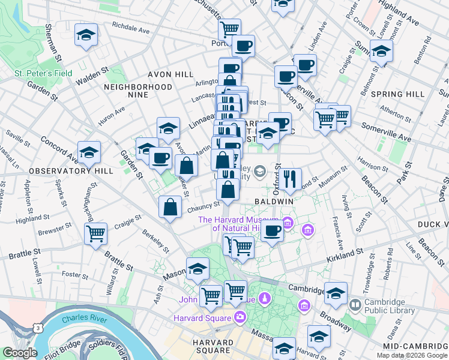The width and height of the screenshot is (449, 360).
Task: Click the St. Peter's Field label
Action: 43,74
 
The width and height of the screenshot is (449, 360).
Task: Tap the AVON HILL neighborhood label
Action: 171,74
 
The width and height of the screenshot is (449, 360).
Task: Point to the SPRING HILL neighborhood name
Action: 399,95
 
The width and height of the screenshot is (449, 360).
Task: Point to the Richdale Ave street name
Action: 131,27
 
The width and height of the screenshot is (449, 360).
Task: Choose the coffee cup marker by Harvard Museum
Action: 272,231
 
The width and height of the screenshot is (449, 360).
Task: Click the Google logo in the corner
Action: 20,353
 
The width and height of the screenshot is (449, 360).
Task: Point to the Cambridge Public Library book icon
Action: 355,305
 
